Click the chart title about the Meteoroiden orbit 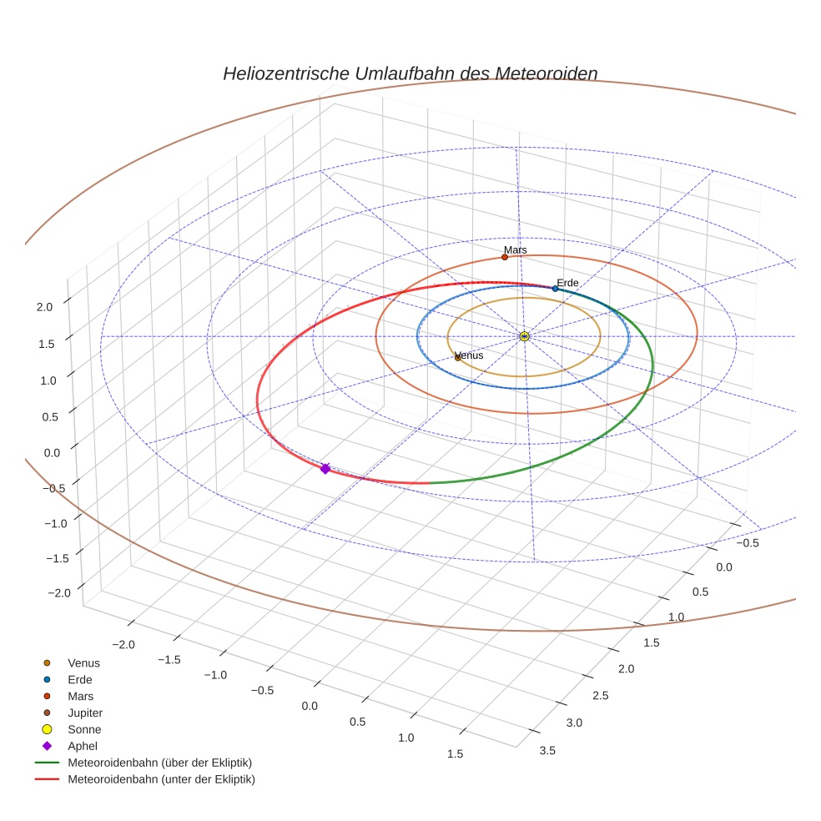(410, 73)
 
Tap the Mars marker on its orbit (505, 257)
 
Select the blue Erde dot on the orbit (555, 289)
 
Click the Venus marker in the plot (458, 357)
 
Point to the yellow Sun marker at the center (524, 336)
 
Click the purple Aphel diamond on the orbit (325, 469)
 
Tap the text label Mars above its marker (516, 249)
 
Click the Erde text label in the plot (568, 283)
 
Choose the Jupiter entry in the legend (85, 713)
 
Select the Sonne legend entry (84, 730)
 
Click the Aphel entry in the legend (83, 747)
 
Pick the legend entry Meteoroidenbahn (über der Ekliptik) (159, 763)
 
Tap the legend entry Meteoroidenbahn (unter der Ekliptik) (161, 780)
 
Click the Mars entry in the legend (80, 697)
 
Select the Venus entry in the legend (83, 663)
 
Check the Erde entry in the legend (80, 680)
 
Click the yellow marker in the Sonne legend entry (47, 730)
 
